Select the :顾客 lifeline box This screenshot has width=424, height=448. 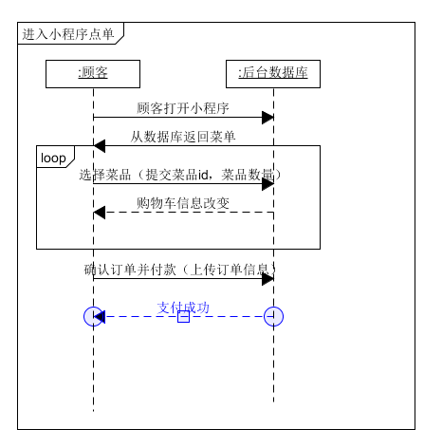93,73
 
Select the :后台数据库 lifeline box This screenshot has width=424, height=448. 273,73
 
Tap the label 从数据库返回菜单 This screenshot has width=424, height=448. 183,136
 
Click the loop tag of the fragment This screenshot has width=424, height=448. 53,157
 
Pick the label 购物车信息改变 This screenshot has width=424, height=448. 183,202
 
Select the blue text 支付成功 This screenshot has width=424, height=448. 183,307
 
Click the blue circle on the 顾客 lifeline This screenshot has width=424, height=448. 93,316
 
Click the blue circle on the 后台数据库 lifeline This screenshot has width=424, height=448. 274,316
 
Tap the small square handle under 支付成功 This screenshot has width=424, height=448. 183,317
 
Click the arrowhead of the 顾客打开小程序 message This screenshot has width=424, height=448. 267,117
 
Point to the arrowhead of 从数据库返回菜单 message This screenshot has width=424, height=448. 100,145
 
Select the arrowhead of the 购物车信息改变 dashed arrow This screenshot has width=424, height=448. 100,212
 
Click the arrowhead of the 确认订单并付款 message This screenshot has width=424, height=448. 267,278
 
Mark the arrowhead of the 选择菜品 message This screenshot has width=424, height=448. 267,184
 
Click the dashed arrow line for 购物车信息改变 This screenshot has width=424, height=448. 190,212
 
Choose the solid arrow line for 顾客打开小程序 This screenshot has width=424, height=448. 180,117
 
